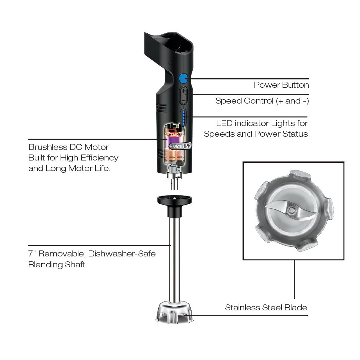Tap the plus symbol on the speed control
click(184, 91)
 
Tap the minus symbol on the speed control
click(184, 99)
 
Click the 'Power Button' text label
click(281, 85)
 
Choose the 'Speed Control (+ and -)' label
click(262, 101)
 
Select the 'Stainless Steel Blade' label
click(266, 308)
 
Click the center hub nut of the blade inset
click(292, 210)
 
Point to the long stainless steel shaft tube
click(174, 258)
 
